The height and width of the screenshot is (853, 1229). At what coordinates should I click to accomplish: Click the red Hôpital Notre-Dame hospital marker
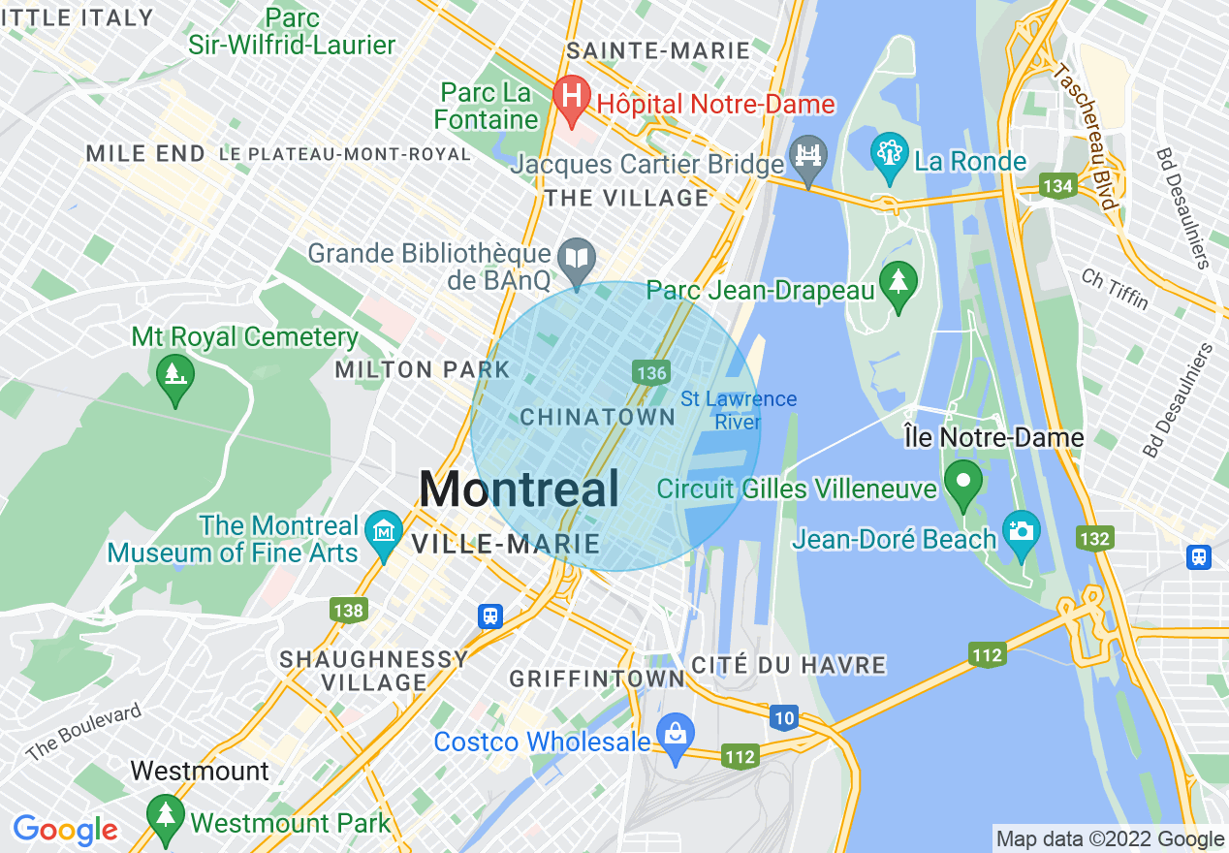tap(572, 97)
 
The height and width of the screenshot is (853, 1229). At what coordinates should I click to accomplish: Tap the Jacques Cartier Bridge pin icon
tap(806, 158)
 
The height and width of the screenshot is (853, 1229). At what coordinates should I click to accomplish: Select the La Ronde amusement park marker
tap(888, 155)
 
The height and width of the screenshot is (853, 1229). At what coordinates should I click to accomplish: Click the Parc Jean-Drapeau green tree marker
tap(898, 284)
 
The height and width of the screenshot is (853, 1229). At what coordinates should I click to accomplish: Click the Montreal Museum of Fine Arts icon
tap(385, 533)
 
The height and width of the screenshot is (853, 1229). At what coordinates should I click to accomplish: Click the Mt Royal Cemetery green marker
tap(174, 371)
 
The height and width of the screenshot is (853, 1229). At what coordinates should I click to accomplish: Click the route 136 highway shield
tap(650, 372)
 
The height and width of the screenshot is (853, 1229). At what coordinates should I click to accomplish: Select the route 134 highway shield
tap(1056, 185)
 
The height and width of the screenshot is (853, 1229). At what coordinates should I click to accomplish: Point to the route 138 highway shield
tap(348, 610)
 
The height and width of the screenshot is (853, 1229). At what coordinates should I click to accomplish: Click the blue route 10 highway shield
tap(784, 717)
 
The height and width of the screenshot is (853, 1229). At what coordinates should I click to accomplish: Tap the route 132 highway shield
tap(1095, 538)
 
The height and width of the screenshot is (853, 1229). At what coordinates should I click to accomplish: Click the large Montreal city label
tap(520, 490)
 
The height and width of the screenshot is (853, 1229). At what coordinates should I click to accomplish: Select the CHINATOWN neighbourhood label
tap(598, 418)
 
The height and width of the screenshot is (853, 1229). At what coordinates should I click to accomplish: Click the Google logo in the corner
tap(65, 830)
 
